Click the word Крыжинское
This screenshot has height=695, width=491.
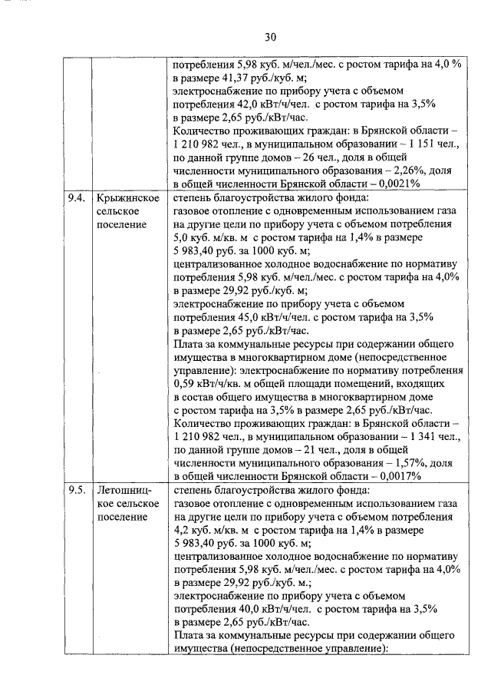127,198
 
